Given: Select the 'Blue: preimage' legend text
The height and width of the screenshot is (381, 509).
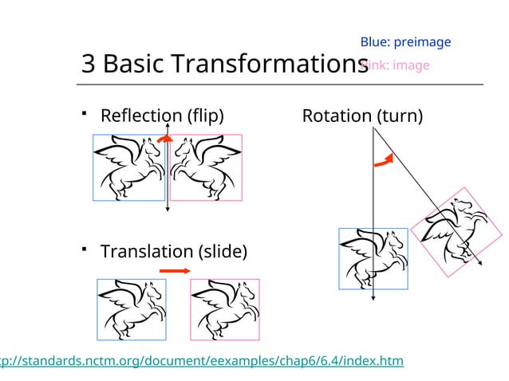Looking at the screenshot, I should point(405,42).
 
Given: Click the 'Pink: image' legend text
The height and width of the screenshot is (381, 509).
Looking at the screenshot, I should point(397,65).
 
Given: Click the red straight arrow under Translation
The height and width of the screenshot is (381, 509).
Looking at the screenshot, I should point(174,272).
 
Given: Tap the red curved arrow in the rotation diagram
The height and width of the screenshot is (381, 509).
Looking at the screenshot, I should point(384,159).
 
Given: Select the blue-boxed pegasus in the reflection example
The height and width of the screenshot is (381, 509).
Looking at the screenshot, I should point(128,167).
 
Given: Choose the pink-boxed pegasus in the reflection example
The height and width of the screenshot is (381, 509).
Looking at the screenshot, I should point(206,167).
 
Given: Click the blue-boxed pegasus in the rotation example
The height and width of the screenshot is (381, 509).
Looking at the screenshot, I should point(373,260).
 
